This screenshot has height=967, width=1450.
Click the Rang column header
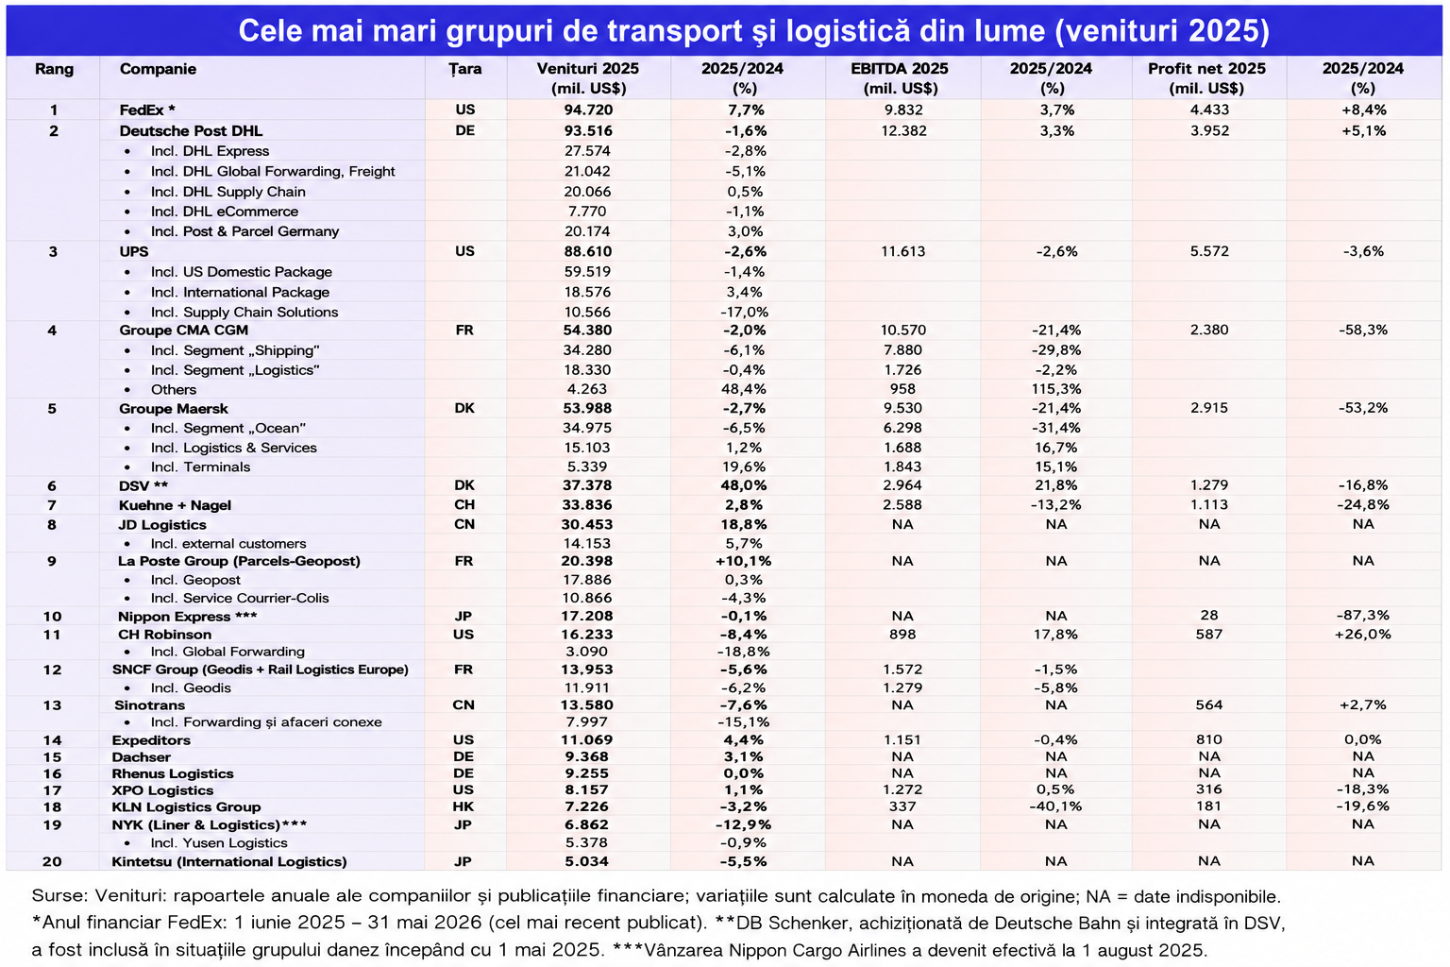tap(54, 69)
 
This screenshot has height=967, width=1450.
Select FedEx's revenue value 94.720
tap(588, 110)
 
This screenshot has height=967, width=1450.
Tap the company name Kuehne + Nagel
tap(175, 505)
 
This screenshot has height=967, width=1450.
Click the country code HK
tap(464, 807)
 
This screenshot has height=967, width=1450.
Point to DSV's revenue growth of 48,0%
tap(745, 485)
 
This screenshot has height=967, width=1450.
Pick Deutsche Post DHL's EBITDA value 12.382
tap(903, 131)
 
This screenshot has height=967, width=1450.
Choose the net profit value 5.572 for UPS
tap(1208, 251)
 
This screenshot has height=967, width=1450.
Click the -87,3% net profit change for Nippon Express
tap(1362, 616)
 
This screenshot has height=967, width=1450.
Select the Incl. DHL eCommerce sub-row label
tap(224, 212)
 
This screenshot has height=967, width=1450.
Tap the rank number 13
tap(53, 705)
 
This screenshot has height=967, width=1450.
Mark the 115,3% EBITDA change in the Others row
tap(1055, 389)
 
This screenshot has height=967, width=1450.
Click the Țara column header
tap(464, 69)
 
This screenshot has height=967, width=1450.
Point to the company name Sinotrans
tap(149, 705)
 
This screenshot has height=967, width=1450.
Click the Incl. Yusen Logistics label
tap(219, 843)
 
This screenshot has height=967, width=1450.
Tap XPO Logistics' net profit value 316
tap(1208, 789)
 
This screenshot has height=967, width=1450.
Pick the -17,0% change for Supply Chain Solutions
tap(745, 313)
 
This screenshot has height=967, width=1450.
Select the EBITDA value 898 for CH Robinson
tap(902, 635)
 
